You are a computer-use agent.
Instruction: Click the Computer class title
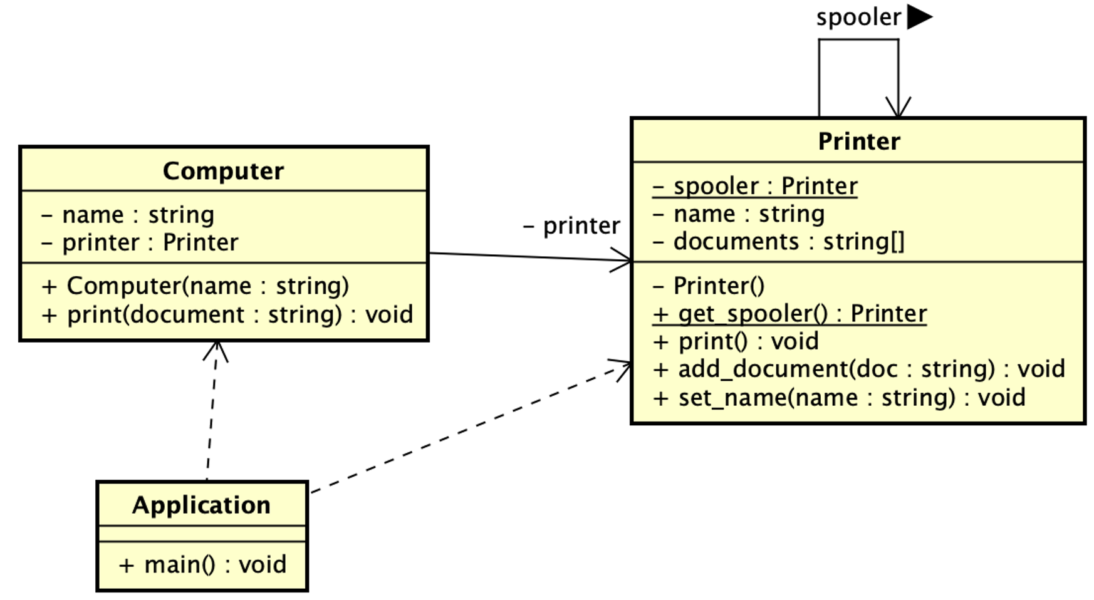pos(223,171)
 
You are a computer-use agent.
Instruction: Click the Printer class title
pos(858,142)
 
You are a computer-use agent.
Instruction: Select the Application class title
pos(201,505)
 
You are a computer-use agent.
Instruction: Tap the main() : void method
pos(202,564)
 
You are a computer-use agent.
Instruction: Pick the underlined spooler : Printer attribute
pos(754,186)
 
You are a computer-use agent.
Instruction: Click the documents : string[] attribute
pos(778,242)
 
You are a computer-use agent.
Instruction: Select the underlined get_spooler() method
pos(789,314)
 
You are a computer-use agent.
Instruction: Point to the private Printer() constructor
pos(709,286)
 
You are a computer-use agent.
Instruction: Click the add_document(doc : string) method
pos(858,369)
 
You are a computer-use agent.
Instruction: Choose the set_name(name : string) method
pos(839,398)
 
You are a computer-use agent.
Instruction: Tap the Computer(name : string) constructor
pos(195,286)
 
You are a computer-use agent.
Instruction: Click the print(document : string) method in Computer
pos(227,314)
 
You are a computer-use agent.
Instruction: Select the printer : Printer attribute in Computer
pos(140,242)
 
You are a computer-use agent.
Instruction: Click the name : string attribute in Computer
pos(128,215)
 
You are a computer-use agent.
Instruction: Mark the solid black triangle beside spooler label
pos(918,17)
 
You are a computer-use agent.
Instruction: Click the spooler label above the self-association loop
pos(858,18)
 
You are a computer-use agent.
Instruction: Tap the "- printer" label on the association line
pos(571,226)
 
